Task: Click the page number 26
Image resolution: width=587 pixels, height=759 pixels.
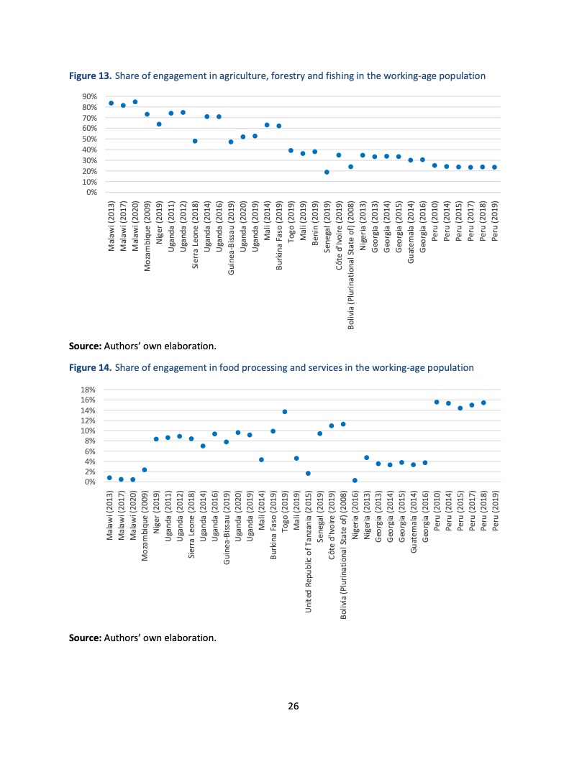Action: click(293, 706)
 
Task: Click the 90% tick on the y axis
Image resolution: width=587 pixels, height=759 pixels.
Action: click(90, 96)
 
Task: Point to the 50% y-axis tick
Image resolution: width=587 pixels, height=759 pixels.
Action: click(90, 139)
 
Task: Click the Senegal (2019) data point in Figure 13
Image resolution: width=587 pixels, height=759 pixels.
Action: click(327, 172)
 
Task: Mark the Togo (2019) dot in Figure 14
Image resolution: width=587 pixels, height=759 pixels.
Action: click(285, 412)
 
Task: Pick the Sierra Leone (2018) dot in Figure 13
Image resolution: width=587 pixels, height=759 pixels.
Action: click(195, 141)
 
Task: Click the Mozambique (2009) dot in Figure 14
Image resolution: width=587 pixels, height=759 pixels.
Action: click(145, 470)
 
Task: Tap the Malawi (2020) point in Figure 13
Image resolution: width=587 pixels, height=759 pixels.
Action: click(135, 102)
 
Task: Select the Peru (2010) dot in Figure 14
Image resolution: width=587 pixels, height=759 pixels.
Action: click(437, 402)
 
